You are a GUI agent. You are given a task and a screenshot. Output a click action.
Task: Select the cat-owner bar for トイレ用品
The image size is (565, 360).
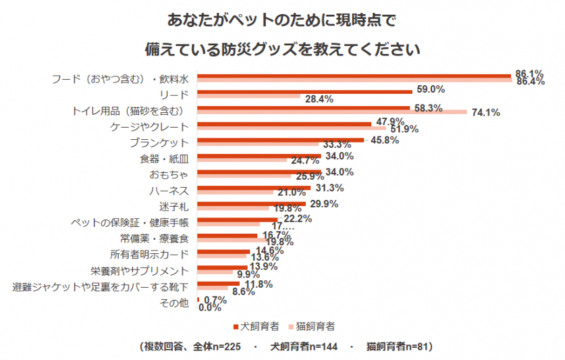tap(331, 112)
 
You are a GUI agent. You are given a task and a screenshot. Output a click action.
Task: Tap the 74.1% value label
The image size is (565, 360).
tap(485, 113)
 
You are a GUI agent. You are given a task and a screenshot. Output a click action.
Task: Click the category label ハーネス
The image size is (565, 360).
tap(169, 190)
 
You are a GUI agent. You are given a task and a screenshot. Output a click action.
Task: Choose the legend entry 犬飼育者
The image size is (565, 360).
tap(257, 326)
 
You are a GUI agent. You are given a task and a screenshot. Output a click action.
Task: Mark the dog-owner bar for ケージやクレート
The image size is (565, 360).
tap(284, 124)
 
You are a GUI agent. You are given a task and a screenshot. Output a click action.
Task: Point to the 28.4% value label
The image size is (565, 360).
tap(319, 99)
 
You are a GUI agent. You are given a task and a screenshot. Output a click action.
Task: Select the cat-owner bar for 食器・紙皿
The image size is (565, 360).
tap(241, 161)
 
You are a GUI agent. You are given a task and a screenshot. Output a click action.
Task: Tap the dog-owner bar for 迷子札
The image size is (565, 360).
tap(251, 204)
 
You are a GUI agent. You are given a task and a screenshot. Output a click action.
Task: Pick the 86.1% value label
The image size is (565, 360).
tap(529, 74)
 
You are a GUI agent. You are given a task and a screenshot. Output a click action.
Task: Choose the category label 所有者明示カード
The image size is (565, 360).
tap(149, 255)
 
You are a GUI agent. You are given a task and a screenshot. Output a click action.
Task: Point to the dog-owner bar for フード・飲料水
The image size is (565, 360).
tap(354, 75)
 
